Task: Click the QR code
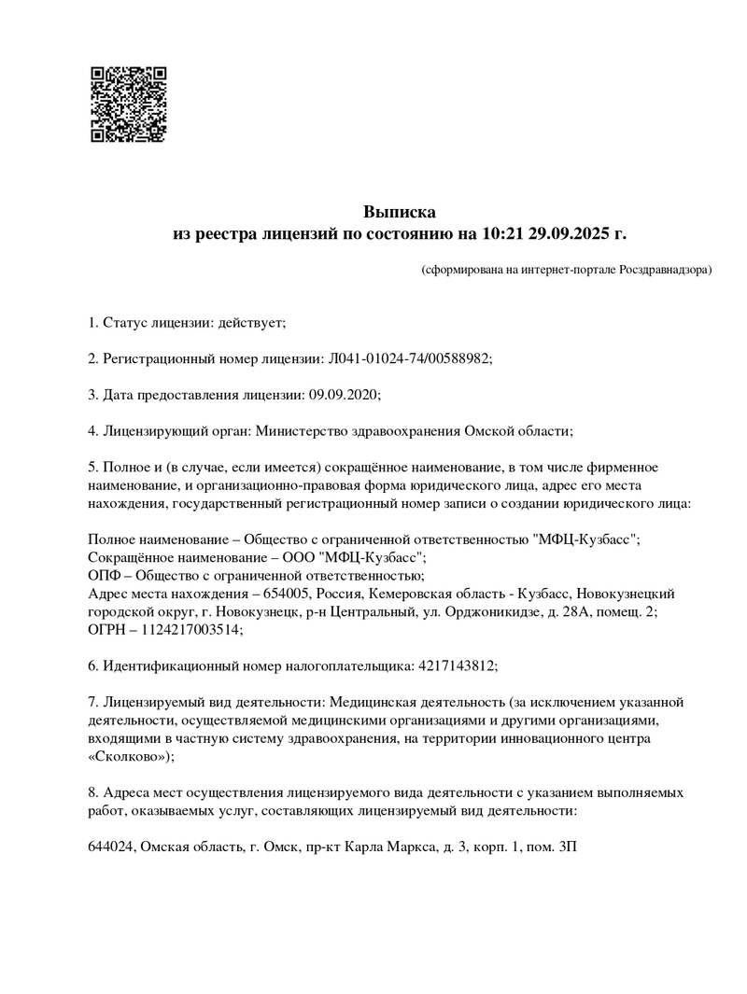(128, 104)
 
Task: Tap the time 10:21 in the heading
(503, 233)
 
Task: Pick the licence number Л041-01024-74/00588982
(408, 358)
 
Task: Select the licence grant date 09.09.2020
(343, 394)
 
